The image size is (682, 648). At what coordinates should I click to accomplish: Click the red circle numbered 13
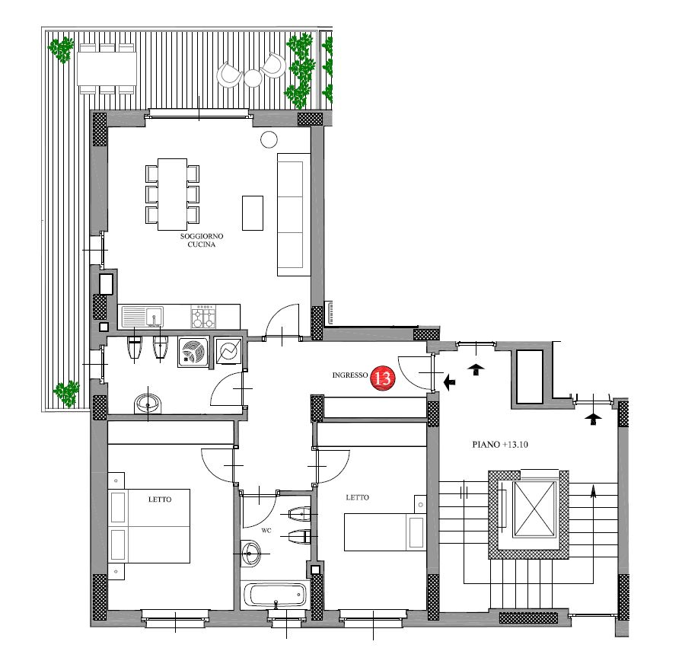(383, 378)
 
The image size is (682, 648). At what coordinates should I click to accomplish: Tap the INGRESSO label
(349, 375)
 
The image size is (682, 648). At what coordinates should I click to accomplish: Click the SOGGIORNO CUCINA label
(202, 240)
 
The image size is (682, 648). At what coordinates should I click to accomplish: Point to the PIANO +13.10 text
(500, 445)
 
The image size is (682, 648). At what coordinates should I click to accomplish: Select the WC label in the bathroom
(266, 531)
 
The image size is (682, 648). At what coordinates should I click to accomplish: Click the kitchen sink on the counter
(142, 316)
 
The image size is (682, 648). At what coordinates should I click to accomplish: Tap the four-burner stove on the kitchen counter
(203, 316)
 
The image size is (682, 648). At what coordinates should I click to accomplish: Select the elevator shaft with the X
(534, 509)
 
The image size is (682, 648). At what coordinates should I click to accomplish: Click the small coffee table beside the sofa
(253, 212)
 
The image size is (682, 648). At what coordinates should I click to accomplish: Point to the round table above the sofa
(269, 139)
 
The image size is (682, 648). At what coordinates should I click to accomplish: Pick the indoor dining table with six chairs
(173, 194)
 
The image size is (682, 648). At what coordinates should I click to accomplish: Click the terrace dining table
(107, 69)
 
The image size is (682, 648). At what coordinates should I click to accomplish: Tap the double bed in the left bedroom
(148, 526)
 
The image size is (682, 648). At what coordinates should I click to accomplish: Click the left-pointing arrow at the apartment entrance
(449, 382)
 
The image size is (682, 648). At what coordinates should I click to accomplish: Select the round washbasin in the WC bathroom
(250, 554)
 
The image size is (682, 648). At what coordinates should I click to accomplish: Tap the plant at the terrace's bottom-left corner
(66, 394)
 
